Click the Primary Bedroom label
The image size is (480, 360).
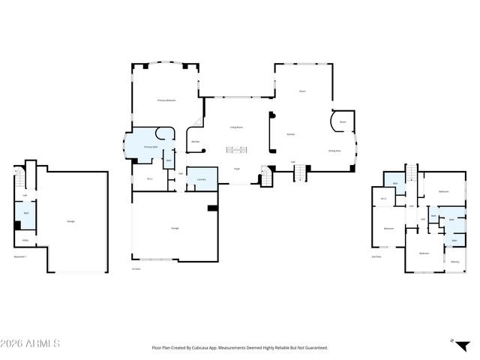click(166, 100)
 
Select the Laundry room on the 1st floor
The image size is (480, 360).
click(201, 179)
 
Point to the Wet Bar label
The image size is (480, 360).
click(194, 141)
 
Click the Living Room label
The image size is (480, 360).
click(235, 127)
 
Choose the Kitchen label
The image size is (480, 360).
click(290, 134)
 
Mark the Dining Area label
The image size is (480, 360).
click(334, 151)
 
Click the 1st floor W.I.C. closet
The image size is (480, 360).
click(150, 178)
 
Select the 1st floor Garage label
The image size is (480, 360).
click(174, 228)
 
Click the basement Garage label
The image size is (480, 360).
click(70, 221)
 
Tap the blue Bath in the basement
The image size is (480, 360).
click(25, 214)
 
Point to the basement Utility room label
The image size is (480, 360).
click(25, 241)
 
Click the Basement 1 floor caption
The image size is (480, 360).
click(20, 257)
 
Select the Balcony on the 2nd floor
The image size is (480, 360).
click(455, 262)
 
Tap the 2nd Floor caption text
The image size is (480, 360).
click(376, 257)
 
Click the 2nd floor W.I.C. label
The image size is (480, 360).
click(383, 199)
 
